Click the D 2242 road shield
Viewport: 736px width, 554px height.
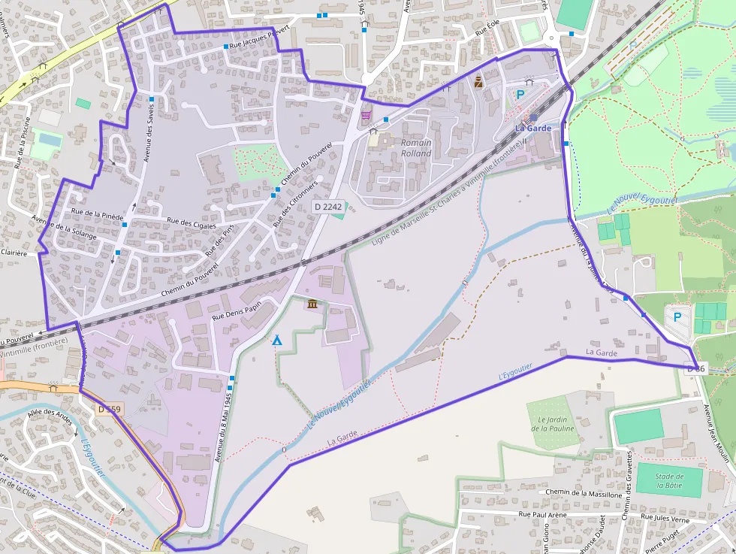click(x=328, y=206)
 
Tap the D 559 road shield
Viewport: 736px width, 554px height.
click(x=109, y=409)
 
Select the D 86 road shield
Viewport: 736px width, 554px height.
click(x=695, y=368)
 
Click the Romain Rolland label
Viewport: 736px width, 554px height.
click(x=416, y=148)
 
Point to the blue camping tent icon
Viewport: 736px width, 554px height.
click(x=277, y=341)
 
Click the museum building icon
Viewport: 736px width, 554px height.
click(x=312, y=304)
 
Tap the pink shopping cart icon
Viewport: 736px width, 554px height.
click(x=366, y=115)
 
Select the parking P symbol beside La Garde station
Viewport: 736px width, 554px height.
click(x=520, y=95)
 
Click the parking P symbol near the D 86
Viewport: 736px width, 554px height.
click(x=677, y=317)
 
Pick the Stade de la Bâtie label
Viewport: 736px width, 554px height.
click(x=668, y=480)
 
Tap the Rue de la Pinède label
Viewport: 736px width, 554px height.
click(x=97, y=214)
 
